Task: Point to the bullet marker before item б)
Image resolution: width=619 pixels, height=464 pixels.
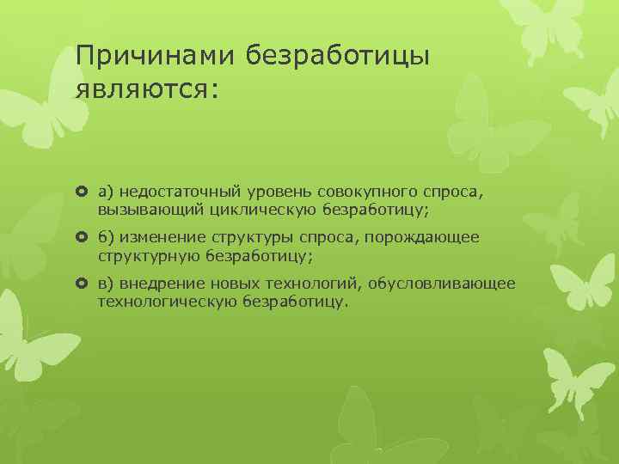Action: (x=83, y=237)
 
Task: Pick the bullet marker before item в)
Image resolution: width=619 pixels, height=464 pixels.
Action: (x=83, y=283)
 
